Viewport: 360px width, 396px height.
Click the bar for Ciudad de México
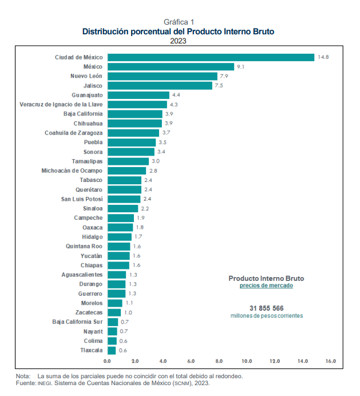[x=211, y=57]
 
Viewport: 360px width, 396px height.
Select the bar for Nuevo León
[x=162, y=76]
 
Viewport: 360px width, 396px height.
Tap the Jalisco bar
[x=159, y=86]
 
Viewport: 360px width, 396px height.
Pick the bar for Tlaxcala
[x=111, y=350]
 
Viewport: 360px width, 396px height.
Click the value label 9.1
[x=241, y=67]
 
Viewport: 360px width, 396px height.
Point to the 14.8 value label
[x=323, y=57]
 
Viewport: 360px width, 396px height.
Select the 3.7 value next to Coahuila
[x=167, y=133]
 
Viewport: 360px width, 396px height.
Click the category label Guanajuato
[x=88, y=95]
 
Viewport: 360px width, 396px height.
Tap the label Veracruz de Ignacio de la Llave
[x=61, y=105]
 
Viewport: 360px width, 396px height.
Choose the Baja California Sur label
[x=77, y=322]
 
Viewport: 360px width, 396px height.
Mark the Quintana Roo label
[x=85, y=246]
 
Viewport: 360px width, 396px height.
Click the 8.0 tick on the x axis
[x=219, y=362]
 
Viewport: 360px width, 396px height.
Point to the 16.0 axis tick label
[x=331, y=362]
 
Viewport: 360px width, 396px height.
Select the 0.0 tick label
[x=107, y=362]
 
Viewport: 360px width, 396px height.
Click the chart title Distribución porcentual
[x=178, y=31]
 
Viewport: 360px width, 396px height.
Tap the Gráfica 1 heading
[x=179, y=22]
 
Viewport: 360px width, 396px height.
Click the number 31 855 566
[x=266, y=308]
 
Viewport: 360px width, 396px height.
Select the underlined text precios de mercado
[x=266, y=286]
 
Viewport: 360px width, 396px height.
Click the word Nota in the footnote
[x=23, y=376]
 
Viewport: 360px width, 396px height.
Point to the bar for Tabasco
[x=124, y=180]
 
